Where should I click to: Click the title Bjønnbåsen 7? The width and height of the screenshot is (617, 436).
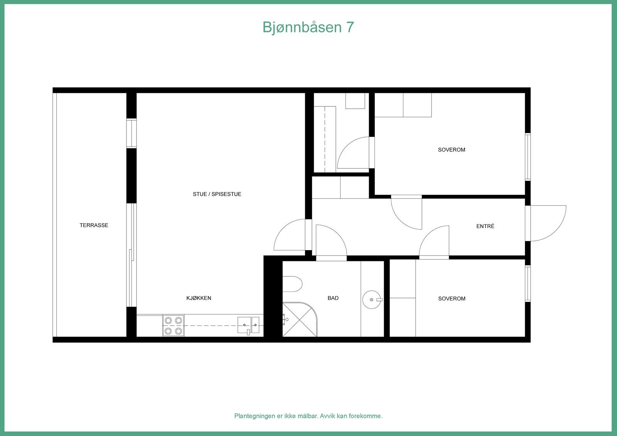click(x=308, y=27)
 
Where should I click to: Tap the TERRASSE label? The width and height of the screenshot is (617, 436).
click(x=94, y=225)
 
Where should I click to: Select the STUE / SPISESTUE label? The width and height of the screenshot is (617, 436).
click(x=217, y=194)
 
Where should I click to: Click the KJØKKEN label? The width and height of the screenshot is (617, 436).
click(x=199, y=298)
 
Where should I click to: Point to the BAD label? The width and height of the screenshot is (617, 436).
click(x=333, y=298)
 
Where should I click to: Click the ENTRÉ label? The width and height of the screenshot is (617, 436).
click(x=485, y=226)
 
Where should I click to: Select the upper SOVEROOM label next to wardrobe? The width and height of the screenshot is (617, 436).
click(x=451, y=150)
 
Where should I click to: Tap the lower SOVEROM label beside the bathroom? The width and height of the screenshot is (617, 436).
click(x=452, y=298)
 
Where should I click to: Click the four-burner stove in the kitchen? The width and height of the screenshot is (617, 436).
click(x=173, y=325)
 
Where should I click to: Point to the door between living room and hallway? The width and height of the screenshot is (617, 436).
click(x=290, y=235)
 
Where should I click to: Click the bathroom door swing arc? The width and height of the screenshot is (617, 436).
click(x=330, y=241)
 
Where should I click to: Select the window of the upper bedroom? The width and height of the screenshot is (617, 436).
click(x=528, y=157)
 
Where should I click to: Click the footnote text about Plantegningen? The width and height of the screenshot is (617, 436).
click(x=308, y=416)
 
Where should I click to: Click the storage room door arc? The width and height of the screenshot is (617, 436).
click(x=353, y=153)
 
